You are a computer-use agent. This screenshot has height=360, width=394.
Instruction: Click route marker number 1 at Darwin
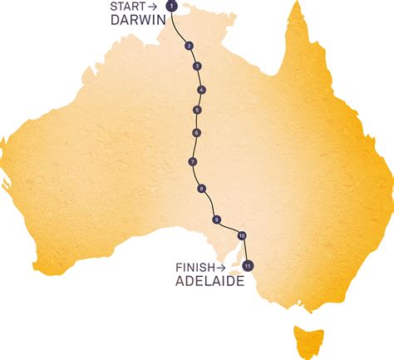point(171,7)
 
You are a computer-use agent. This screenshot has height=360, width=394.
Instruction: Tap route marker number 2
point(190,46)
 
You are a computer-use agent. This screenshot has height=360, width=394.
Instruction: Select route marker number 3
point(196,66)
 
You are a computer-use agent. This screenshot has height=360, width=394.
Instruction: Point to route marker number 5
point(197,110)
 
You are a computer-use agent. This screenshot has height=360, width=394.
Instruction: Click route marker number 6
point(196,133)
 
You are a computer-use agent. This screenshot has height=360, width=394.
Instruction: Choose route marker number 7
point(193,161)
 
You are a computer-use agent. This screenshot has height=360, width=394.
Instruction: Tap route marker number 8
point(202,189)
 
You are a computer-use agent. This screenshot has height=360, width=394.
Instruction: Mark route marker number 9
point(216,219)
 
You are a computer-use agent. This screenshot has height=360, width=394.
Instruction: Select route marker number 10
point(242,235)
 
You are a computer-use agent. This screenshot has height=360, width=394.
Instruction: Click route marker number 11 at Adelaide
point(248,266)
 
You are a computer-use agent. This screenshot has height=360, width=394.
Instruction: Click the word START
point(126,7)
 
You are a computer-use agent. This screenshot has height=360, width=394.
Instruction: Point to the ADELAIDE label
point(209,282)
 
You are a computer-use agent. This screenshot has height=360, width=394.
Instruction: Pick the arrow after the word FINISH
point(219,267)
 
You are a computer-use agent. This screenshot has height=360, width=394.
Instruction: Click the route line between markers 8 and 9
point(208,205)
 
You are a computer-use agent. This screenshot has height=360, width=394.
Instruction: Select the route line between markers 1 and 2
point(180,27)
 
